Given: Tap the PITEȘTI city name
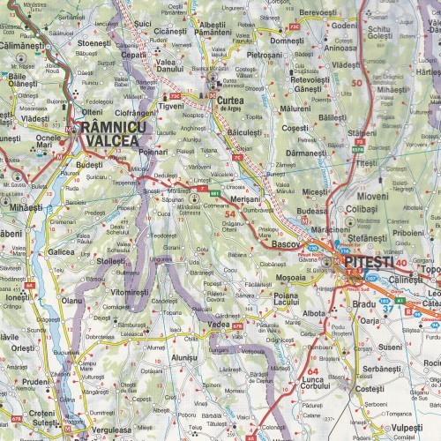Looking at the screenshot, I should [x=364, y=262].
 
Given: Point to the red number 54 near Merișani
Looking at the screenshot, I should [x=231, y=213].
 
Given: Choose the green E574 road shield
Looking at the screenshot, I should [x=358, y=150].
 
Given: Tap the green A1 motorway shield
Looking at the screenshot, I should [x=399, y=301].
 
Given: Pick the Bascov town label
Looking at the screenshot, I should [x=287, y=242].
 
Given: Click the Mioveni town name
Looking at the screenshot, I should [x=371, y=196].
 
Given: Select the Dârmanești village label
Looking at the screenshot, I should [x=306, y=153].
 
